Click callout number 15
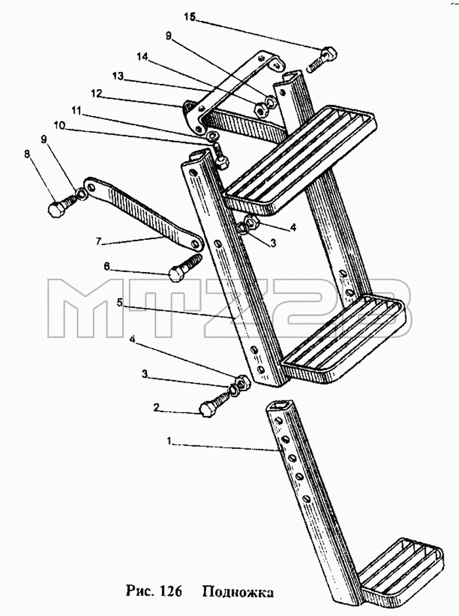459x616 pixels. coord(190,18)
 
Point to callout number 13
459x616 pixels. coord(118,76)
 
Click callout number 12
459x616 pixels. coord(96,94)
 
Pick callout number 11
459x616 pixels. coord(77,111)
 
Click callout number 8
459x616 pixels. coord(27,154)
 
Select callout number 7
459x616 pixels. coord(98,241)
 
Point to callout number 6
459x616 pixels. coord(106,266)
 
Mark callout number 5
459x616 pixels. coord(119,303)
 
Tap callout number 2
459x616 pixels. coord(157,408)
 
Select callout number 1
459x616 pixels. coord(169,442)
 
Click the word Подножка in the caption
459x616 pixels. coord(238,592)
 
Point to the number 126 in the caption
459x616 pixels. coord(170,591)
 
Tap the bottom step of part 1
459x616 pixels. coord(401,569)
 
